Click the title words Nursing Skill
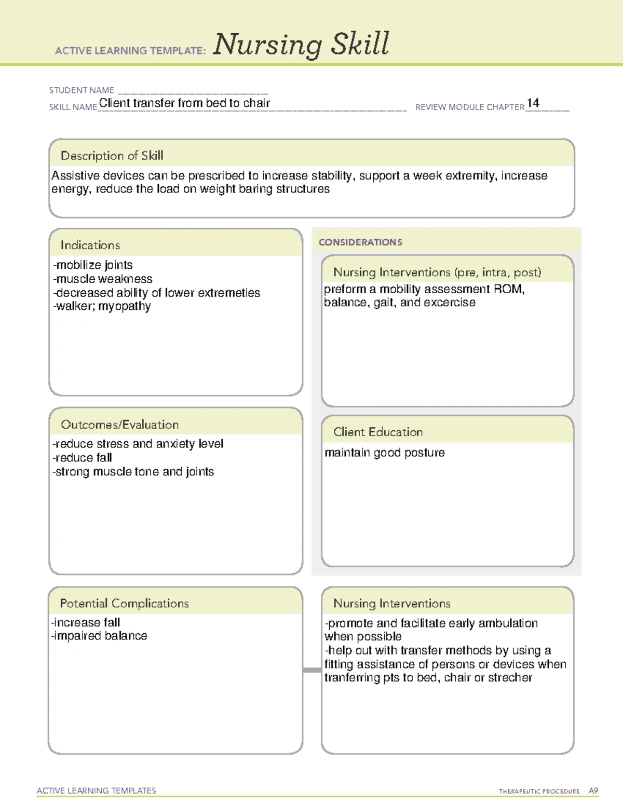coord(301,44)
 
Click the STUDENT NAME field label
coord(82,90)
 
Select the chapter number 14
coord(533,103)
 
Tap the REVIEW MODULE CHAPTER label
coord(470,107)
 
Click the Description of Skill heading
coord(112,156)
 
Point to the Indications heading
coord(90,245)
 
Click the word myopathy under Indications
coord(125,306)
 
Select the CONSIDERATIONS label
coord(360,242)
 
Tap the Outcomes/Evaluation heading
coord(120,425)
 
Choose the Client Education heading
coord(378,432)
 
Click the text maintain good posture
coord(385,453)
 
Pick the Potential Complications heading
coord(125,603)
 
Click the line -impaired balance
coord(99,636)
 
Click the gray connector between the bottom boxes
coord(312,670)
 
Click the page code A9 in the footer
coord(593,791)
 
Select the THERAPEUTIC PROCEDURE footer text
coord(539,791)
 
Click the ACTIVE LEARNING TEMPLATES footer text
coord(97,790)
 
